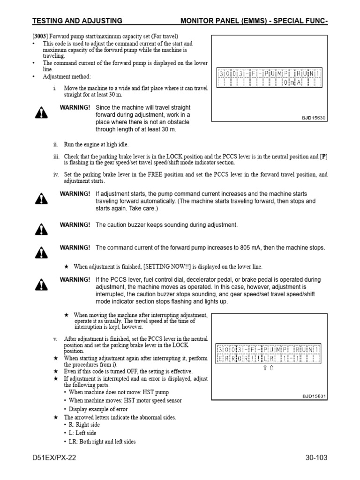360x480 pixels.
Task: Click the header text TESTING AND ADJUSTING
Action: [x=77, y=21]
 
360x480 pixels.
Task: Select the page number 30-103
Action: [x=313, y=458]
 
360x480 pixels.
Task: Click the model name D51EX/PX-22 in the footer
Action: [x=54, y=458]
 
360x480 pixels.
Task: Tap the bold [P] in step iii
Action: [x=323, y=157]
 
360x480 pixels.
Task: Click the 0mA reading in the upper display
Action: [x=288, y=83]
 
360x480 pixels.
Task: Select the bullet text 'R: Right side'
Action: [x=84, y=425]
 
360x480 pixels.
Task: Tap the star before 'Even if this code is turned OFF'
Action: [x=56, y=371]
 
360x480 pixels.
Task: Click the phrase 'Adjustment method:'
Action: [x=67, y=76]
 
